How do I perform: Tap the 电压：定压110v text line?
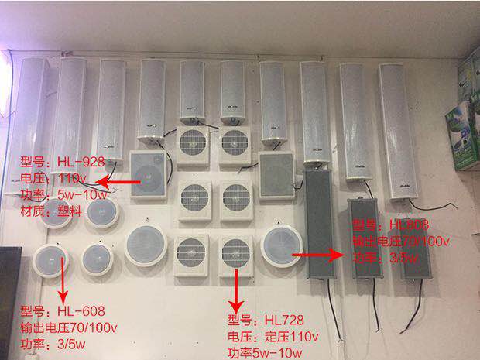pyautogui.click(x=273, y=336)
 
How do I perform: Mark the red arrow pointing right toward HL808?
pyautogui.click(x=321, y=252)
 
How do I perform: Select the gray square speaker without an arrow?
pyautogui.click(x=276, y=173)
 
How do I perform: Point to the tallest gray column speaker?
pyautogui.click(x=317, y=224)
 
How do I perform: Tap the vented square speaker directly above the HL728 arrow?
pyautogui.click(x=234, y=255)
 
